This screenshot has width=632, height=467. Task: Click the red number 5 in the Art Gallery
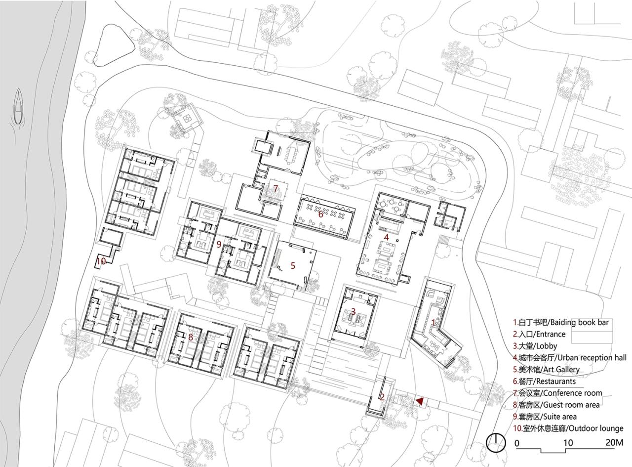[x=293, y=265]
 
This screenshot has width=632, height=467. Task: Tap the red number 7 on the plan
[x=276, y=188]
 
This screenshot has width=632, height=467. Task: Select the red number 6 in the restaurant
[x=320, y=214]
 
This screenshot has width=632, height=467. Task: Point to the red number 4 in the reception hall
[x=387, y=237]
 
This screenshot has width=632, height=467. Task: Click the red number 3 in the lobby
[x=353, y=311]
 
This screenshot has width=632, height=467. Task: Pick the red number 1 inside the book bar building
[x=434, y=322]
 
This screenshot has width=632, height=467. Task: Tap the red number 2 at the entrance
[x=382, y=396]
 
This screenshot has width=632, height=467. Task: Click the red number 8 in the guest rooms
[x=191, y=337]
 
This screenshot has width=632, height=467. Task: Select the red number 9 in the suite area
[x=218, y=244]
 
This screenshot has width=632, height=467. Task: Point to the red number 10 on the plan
[x=101, y=260]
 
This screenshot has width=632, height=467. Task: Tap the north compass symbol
[x=495, y=442]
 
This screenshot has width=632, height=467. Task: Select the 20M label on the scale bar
[x=614, y=443]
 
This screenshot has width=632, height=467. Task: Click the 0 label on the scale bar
[x=517, y=443]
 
